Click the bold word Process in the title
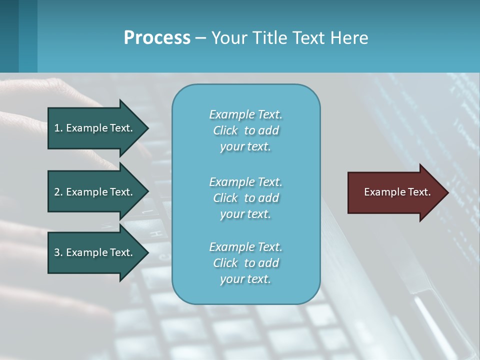click(x=157, y=38)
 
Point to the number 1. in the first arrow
click(x=58, y=128)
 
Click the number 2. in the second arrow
click(x=58, y=192)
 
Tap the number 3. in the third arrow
click(x=58, y=252)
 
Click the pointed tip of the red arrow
click(x=446, y=192)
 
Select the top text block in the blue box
click(x=245, y=130)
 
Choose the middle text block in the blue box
click(x=245, y=198)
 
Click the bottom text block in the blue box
click(x=245, y=263)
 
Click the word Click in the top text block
click(x=225, y=130)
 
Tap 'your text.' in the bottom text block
click(x=245, y=279)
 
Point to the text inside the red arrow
click(x=397, y=192)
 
